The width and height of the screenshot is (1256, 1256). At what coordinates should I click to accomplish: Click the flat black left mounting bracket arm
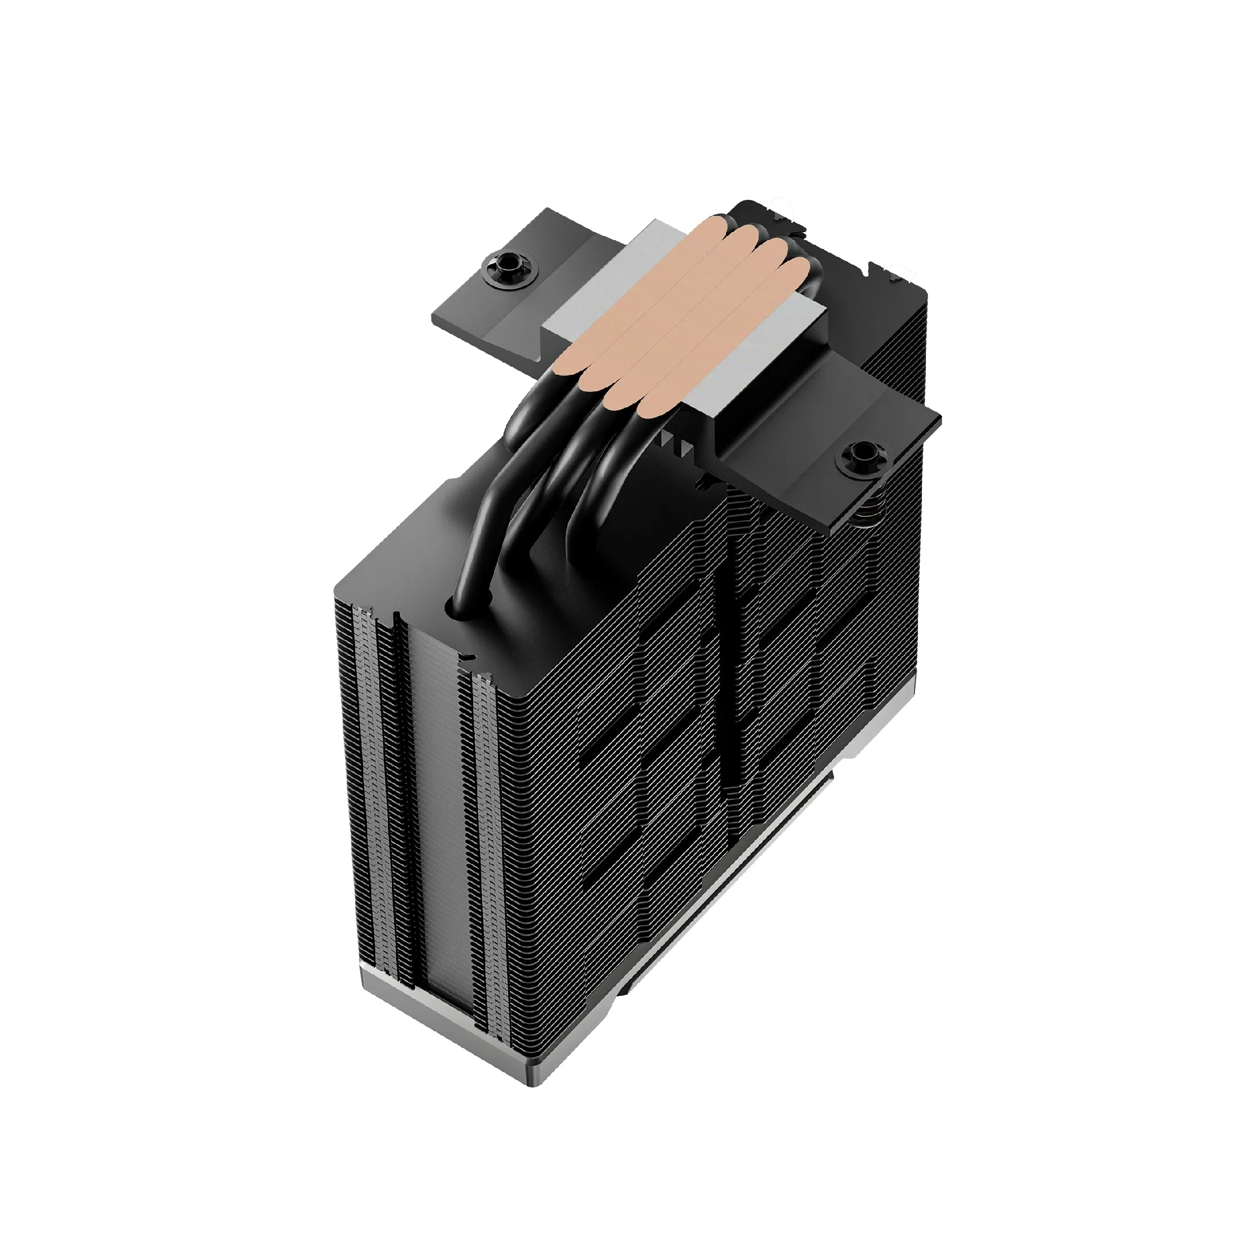pos(494,305)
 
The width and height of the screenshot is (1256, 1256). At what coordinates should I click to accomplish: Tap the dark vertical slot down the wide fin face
pos(735,682)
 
